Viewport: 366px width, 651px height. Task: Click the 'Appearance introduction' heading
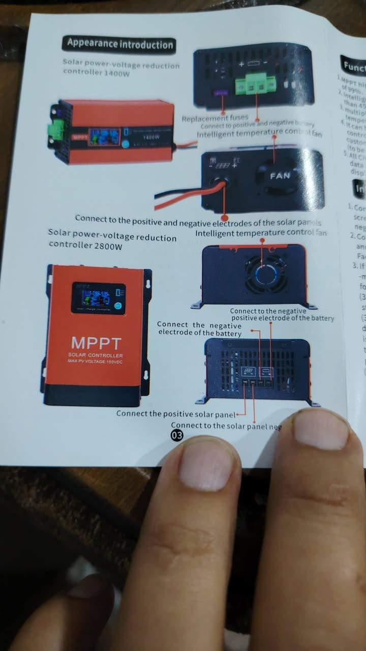tap(118, 44)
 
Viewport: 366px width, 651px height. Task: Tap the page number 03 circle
tap(177, 435)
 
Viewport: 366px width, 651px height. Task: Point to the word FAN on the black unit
tap(280, 176)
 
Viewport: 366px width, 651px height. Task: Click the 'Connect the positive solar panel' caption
tap(176, 413)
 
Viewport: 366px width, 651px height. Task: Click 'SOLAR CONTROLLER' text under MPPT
tap(96, 355)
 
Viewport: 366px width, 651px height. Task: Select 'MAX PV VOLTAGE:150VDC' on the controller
tap(96, 362)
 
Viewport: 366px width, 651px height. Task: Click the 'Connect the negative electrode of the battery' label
tap(199, 329)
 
